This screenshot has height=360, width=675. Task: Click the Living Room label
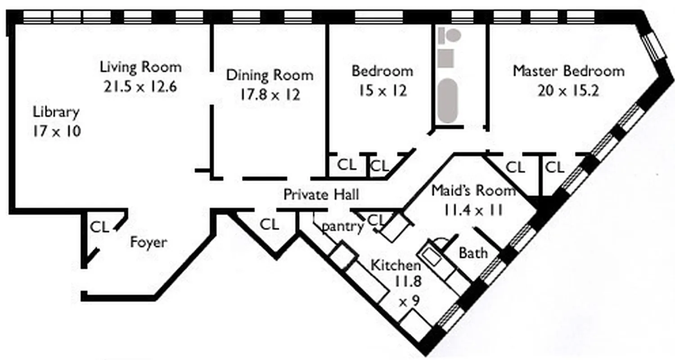coord(140,67)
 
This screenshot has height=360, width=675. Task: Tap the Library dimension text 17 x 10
coord(56,131)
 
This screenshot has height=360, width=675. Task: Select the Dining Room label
coord(269,75)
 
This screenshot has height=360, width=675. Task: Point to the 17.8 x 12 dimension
coord(269,94)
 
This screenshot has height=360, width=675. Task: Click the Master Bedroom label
coord(569,71)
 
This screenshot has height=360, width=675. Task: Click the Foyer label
coord(148,243)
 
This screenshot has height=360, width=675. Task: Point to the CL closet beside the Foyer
coord(99,227)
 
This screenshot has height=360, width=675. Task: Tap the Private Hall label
coord(321,194)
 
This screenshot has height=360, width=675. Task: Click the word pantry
coord(342,227)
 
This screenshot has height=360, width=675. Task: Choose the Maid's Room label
coord(473,191)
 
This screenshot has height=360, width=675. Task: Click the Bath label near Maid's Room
coord(473,253)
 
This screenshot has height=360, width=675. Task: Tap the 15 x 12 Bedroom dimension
coord(382,91)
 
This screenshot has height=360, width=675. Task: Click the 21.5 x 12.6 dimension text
coord(140,86)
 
